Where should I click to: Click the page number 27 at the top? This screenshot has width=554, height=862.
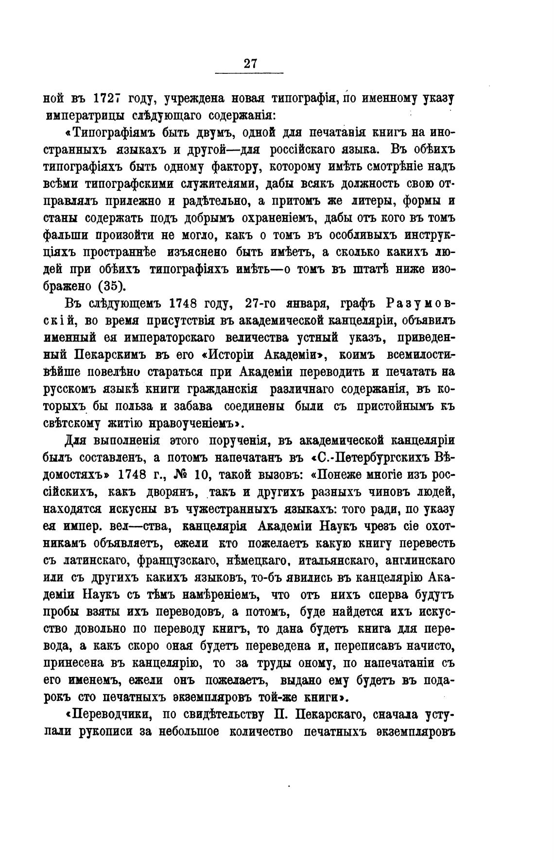250,64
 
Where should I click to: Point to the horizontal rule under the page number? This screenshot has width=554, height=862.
249,74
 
